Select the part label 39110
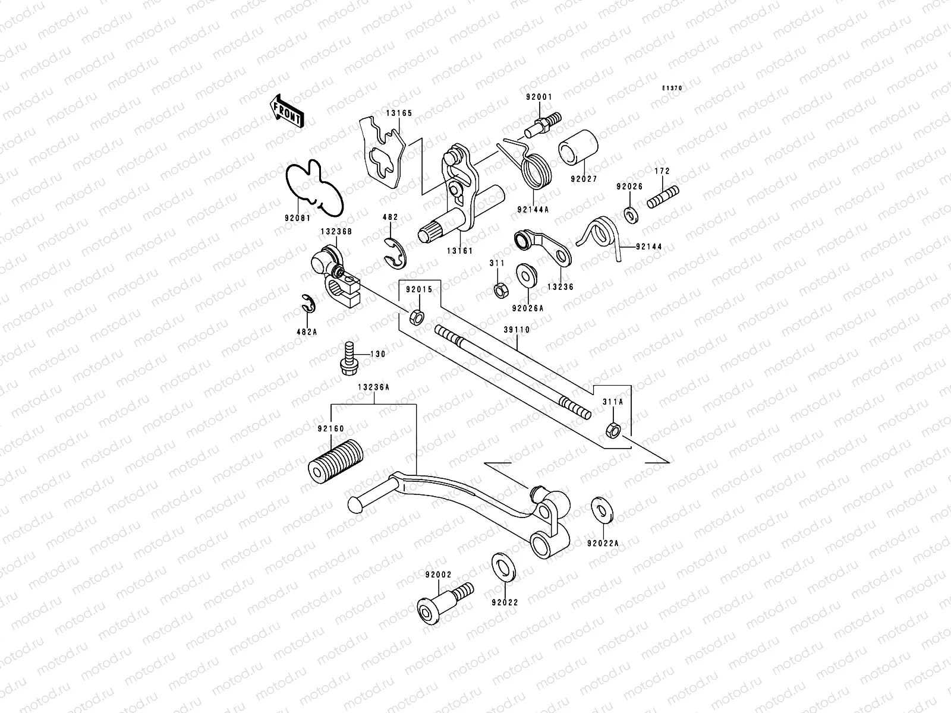pos(517,329)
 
